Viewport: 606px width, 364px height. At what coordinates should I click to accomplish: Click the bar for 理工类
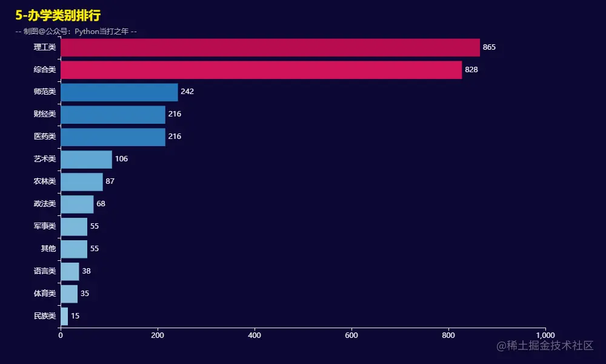tap(270, 47)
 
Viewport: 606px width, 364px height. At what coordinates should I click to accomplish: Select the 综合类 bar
tap(261, 70)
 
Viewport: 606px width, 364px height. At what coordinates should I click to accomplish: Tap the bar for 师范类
tap(119, 92)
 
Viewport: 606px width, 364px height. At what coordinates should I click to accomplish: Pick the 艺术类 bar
tap(86, 159)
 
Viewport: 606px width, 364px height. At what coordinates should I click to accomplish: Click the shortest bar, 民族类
tap(64, 316)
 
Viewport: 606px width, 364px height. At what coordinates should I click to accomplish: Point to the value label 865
tap(489, 47)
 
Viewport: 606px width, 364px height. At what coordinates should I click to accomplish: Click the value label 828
tap(471, 70)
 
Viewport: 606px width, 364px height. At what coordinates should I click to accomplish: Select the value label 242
tap(187, 92)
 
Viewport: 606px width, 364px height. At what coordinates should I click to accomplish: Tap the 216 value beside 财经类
tap(175, 114)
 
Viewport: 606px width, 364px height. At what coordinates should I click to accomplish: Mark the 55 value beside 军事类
tap(94, 226)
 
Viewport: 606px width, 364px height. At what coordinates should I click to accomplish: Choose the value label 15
tap(75, 316)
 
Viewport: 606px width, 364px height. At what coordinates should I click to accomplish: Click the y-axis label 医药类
tap(45, 136)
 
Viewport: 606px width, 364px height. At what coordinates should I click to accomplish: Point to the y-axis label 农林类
tap(45, 181)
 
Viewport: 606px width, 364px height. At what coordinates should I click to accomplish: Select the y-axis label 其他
tap(48, 249)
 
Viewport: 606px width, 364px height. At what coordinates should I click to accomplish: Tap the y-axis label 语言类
tap(45, 271)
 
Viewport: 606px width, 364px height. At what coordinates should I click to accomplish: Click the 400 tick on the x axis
tap(255, 335)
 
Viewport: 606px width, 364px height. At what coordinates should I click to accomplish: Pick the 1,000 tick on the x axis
tap(545, 335)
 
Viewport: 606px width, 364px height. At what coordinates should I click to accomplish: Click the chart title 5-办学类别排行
tap(58, 15)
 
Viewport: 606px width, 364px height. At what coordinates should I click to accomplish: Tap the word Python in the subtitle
tap(89, 32)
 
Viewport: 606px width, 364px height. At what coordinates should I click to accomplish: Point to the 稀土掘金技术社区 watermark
tap(544, 346)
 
